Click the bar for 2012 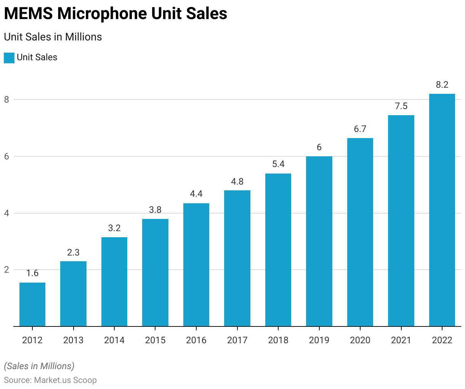(32, 304)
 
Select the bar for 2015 (155, 273)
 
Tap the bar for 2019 (319, 241)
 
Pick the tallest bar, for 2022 (442, 210)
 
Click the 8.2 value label (442, 85)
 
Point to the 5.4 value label (278, 164)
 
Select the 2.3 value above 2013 (73, 252)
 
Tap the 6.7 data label (360, 129)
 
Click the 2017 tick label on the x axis (237, 340)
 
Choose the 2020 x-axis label (360, 340)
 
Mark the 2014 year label (114, 340)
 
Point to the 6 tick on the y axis (6, 156)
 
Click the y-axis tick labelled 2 (6, 270)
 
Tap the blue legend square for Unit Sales (9, 58)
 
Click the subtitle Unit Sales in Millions (53, 37)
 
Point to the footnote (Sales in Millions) (39, 366)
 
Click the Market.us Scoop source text (65, 380)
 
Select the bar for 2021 (401, 221)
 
